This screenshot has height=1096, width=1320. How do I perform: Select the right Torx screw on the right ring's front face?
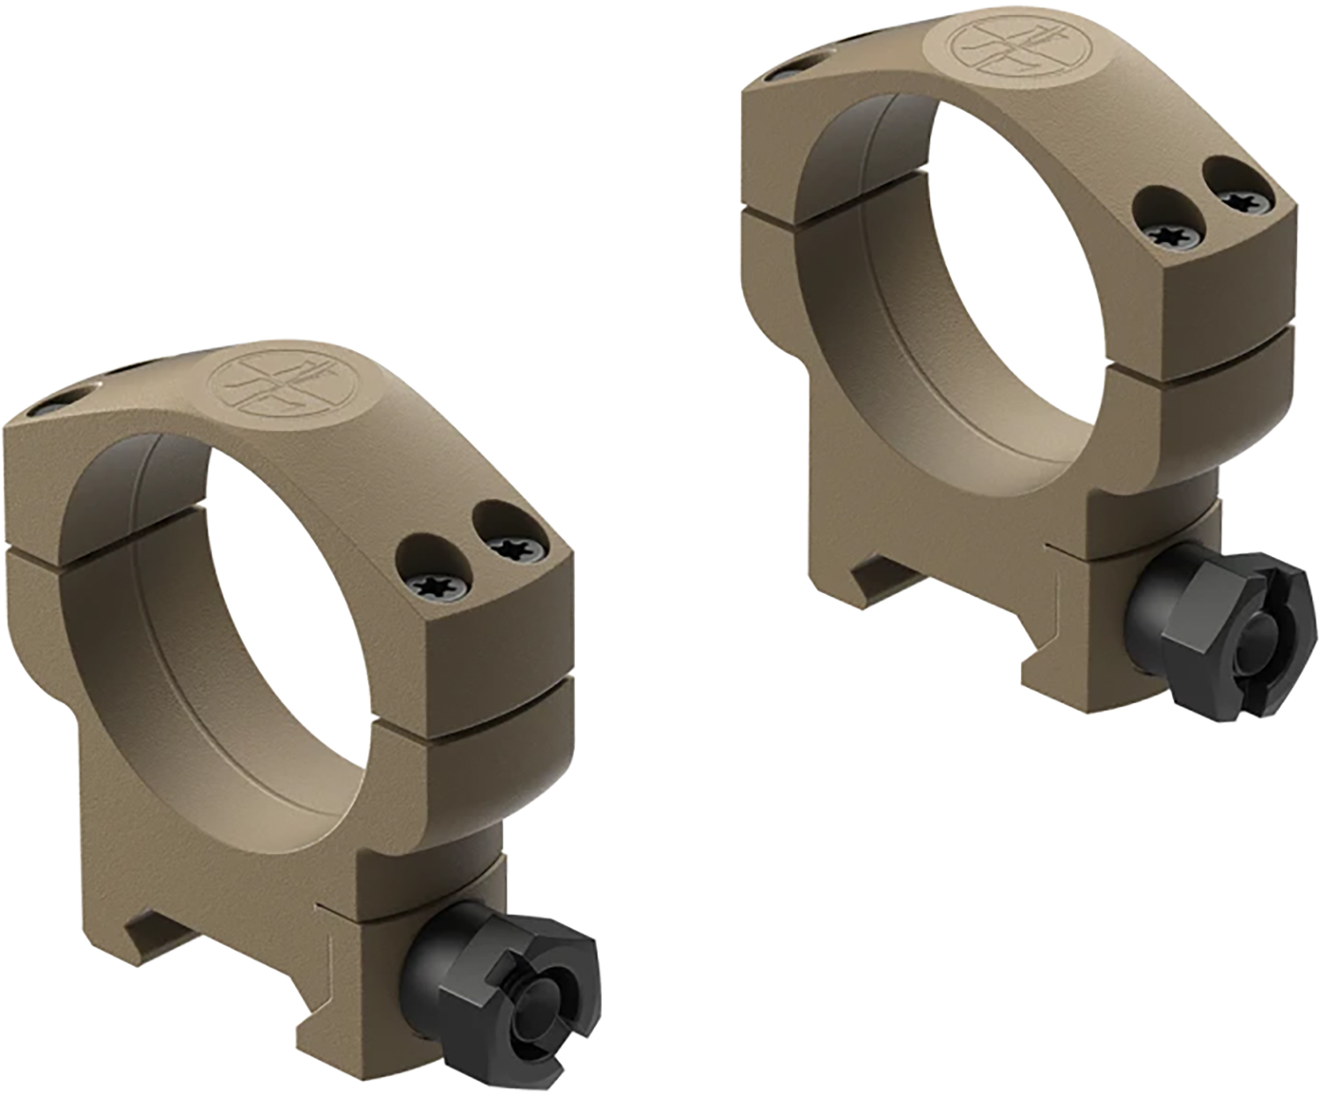1243,200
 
